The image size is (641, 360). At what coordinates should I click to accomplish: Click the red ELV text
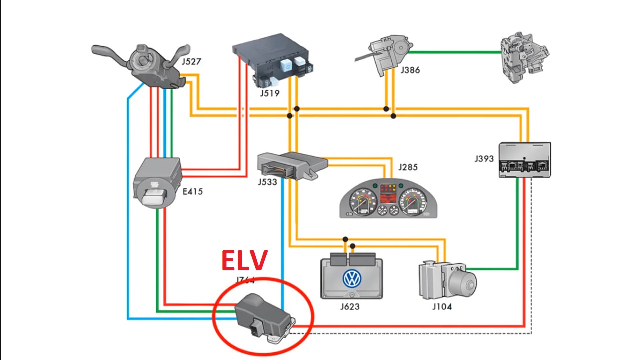pos(245,261)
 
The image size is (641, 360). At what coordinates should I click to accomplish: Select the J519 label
pos(269,93)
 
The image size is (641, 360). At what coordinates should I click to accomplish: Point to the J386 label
pos(410,70)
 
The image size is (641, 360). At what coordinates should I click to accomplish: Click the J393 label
pos(484,159)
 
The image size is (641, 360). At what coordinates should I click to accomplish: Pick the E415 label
pos(193,191)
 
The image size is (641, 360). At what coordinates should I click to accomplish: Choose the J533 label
pos(268,182)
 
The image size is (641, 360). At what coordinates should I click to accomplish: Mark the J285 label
pos(408,167)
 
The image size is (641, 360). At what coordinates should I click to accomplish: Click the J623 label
pos(349,306)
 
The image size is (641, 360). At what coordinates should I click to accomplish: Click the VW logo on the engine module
pos(352,279)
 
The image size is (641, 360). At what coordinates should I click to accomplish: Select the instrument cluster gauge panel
pos(388,199)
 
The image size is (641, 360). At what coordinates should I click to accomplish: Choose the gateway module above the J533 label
pos(290,163)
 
